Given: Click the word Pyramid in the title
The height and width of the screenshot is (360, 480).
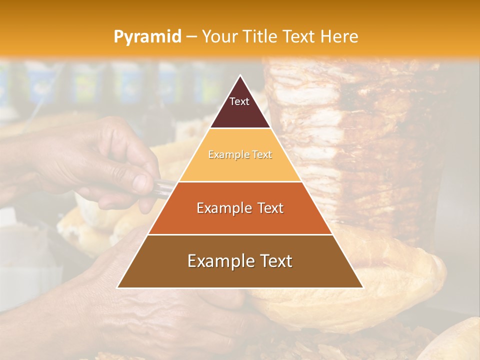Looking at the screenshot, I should click(x=147, y=37).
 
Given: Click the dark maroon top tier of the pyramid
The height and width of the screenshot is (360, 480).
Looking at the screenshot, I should click(x=240, y=112).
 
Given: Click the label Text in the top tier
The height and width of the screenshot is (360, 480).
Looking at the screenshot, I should click(x=239, y=101).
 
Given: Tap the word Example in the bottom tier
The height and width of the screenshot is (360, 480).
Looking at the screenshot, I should click(x=218, y=261).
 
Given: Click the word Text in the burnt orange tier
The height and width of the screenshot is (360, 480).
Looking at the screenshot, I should click(x=267, y=208).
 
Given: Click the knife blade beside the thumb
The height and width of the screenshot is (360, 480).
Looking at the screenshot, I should click(x=165, y=187).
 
